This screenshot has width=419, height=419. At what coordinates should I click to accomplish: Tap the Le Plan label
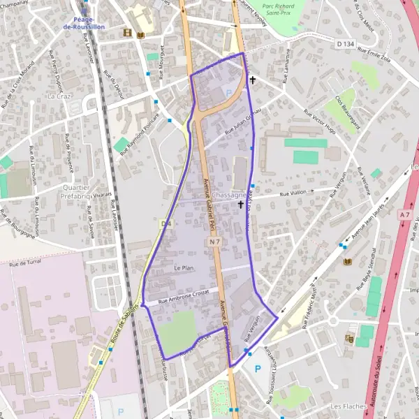(183, 268)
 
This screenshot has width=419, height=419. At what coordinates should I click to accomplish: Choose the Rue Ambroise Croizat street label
(184, 297)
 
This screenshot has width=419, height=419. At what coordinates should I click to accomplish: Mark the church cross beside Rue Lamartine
(251, 80)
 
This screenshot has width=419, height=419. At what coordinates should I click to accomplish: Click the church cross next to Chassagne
(241, 205)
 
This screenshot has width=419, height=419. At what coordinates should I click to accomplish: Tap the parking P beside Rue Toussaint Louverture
(257, 369)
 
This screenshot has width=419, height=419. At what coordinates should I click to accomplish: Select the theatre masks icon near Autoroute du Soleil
(349, 339)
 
